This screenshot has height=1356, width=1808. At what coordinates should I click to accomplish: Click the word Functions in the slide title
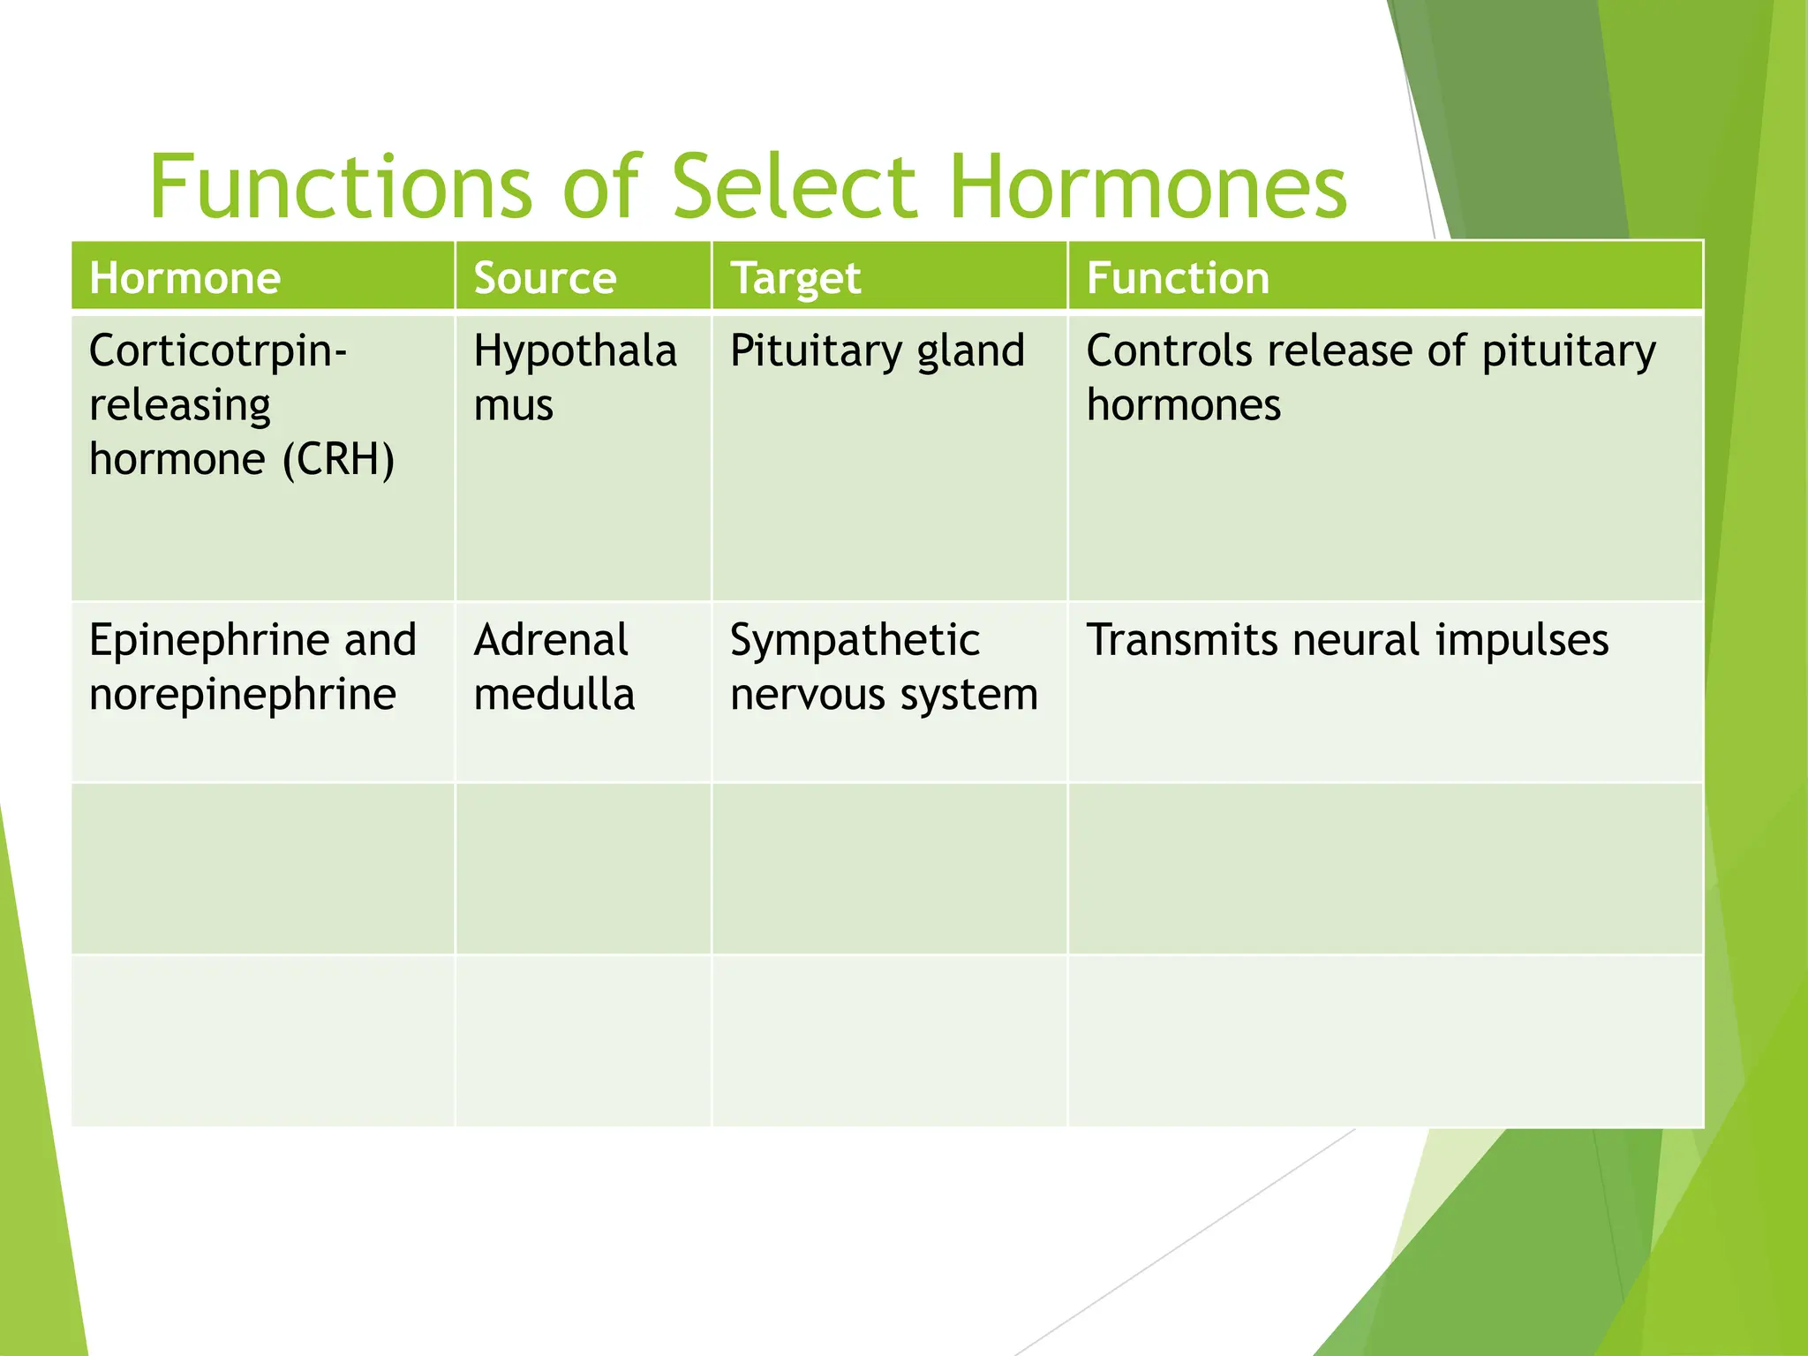[341, 187]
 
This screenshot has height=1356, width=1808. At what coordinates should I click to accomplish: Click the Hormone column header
[185, 278]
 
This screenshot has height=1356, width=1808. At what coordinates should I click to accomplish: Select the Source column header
[545, 278]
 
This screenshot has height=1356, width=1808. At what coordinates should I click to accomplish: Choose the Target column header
[795, 278]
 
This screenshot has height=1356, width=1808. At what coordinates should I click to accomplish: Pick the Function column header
[1178, 278]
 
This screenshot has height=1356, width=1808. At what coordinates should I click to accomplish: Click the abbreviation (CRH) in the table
[338, 460]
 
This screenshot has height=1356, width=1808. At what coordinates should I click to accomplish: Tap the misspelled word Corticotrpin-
[218, 351]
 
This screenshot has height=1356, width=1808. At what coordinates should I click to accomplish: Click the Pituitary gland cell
[877, 351]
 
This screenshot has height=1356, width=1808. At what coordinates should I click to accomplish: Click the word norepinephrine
[242, 695]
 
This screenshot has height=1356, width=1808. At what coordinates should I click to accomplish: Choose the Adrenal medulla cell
[554, 667]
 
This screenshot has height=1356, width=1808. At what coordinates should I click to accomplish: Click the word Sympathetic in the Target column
[854, 640]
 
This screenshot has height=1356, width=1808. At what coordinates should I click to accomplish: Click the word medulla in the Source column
[554, 695]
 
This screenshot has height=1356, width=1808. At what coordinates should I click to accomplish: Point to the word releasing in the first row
[180, 405]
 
